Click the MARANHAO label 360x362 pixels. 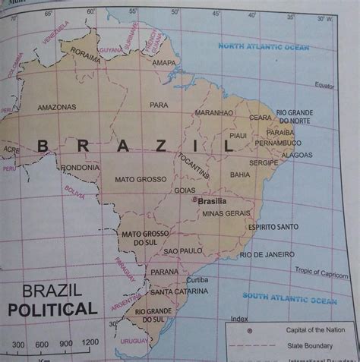(214, 112)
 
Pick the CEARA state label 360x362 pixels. (261, 118)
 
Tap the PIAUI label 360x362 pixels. (239, 136)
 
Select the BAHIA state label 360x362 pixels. (240, 175)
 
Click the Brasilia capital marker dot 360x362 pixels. (194, 201)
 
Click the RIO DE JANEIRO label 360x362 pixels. (267, 254)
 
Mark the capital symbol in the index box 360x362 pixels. (248, 330)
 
